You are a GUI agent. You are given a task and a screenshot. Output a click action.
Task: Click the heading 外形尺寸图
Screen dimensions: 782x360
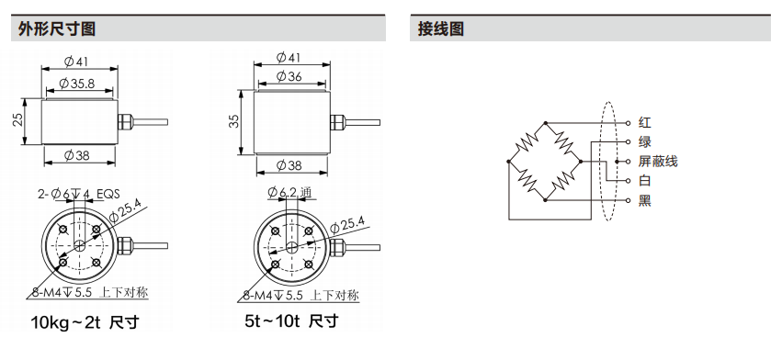coord(56,28)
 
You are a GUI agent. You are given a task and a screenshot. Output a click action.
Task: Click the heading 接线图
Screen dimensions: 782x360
coord(441,28)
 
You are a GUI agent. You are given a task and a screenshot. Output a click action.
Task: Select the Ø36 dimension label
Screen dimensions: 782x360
coord(289,76)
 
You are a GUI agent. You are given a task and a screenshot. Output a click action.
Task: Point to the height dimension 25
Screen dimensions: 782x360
coord(18,119)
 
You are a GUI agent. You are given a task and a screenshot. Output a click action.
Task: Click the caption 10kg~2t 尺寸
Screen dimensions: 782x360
coord(85,322)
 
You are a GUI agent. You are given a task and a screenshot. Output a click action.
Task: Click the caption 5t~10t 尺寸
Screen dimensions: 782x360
coord(291,321)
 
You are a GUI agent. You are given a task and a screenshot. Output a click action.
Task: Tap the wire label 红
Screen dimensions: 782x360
coord(645,122)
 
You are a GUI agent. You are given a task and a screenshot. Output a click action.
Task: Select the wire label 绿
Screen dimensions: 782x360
coord(645,141)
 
